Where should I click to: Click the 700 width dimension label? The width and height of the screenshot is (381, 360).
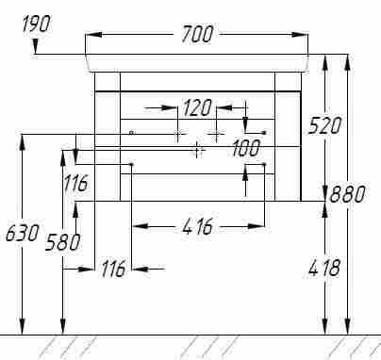click(x=197, y=34)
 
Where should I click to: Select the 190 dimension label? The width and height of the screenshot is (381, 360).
click(x=36, y=24)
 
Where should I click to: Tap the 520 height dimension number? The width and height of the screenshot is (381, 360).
click(x=324, y=125)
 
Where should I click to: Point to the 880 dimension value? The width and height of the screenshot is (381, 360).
click(x=348, y=194)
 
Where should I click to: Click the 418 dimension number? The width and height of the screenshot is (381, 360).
click(x=324, y=268)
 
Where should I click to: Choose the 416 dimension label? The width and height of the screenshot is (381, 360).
click(x=197, y=226)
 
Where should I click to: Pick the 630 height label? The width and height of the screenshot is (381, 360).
click(x=23, y=233)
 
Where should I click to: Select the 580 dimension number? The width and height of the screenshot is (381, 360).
click(x=62, y=242)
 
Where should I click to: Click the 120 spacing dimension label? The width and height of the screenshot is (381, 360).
click(x=197, y=107)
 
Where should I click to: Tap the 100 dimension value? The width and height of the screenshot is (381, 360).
click(x=246, y=148)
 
